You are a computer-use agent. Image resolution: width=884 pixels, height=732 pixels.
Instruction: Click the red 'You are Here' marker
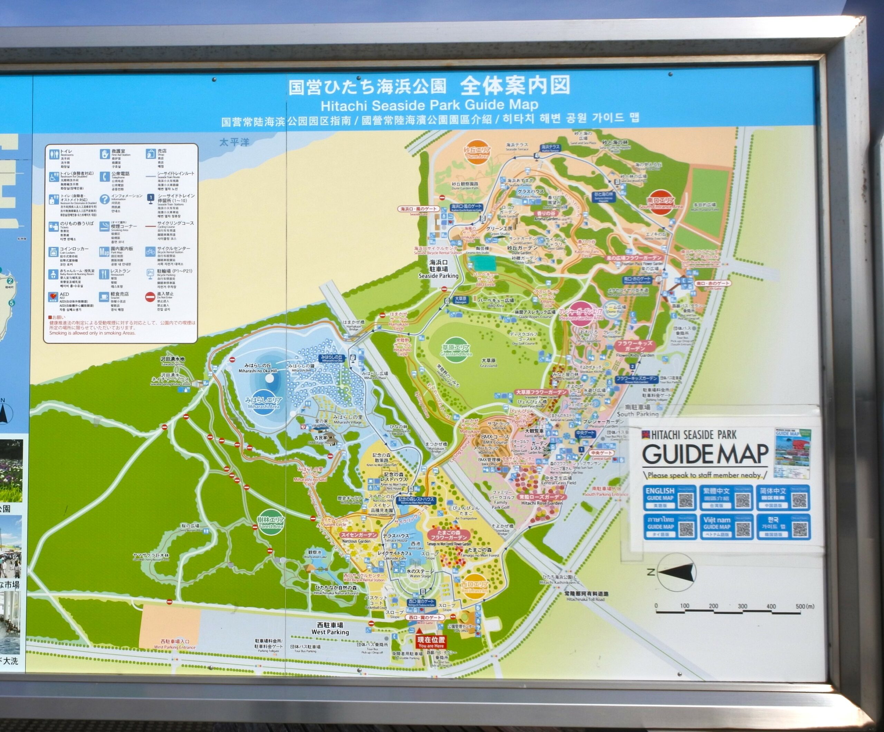point(431,642)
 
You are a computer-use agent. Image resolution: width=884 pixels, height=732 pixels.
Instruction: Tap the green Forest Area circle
point(271,522)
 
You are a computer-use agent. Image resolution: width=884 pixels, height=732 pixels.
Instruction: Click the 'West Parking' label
point(330,628)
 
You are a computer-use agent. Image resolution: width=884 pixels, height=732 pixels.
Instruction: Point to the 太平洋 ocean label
point(234,142)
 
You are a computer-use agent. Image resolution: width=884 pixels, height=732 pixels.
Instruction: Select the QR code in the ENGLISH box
point(686,500)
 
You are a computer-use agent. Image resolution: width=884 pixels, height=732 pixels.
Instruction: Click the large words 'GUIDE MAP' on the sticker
point(705,454)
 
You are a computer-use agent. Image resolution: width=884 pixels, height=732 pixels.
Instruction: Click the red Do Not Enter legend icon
point(150,297)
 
